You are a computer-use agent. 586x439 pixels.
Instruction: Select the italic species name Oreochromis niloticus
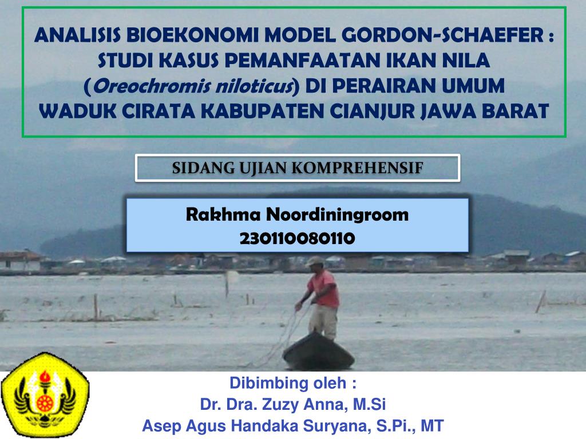(193, 86)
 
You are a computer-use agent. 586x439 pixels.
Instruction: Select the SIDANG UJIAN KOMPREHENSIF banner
(298, 168)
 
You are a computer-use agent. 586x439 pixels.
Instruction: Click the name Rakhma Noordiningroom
(298, 215)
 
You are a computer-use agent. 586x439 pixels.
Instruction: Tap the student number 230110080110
(298, 238)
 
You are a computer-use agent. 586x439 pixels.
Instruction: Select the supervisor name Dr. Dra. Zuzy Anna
(274, 405)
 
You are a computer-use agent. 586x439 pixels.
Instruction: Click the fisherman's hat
(314, 261)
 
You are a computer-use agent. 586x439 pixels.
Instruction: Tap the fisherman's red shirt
(323, 289)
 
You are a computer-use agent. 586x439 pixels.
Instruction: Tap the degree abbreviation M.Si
(369, 405)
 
